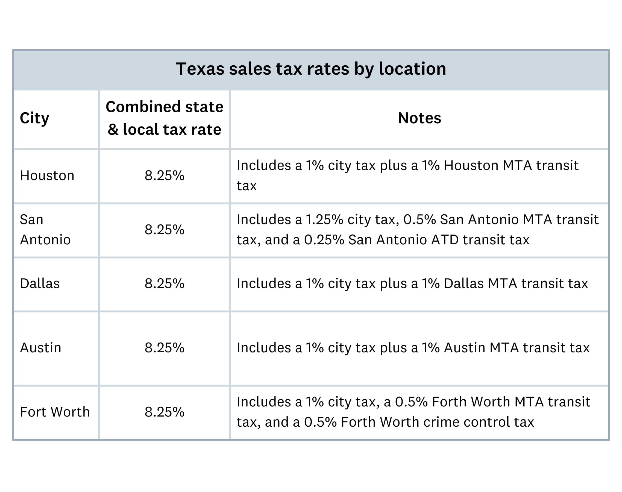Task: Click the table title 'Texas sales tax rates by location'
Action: (311, 69)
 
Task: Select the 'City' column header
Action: (34, 118)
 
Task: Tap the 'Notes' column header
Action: (419, 118)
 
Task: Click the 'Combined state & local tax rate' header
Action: (165, 118)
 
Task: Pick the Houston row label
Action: (47, 175)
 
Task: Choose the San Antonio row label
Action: (45, 230)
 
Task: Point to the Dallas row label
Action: (40, 283)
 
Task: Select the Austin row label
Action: (41, 348)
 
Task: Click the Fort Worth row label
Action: (55, 412)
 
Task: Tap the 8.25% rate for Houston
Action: (165, 175)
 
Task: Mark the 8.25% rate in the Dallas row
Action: (165, 283)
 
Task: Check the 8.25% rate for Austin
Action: (165, 348)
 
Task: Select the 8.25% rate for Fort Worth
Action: (165, 412)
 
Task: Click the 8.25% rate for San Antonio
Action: (165, 230)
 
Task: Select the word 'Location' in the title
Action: (412, 69)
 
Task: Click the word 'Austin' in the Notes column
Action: (464, 348)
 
